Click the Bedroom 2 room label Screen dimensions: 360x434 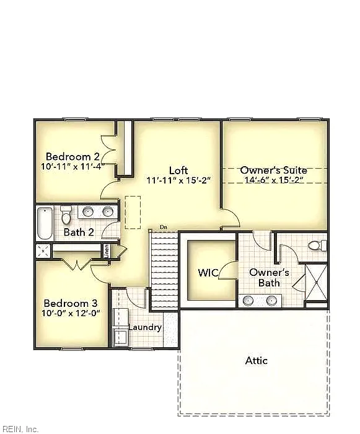click(72, 156)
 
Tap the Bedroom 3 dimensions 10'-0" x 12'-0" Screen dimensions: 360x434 click(71, 313)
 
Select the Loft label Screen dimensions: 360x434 click(178, 170)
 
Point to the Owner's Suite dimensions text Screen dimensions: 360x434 click(274, 180)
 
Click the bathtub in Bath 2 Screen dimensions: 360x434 click(45, 223)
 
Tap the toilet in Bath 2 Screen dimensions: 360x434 click(66, 215)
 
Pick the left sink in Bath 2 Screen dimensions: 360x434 click(88, 212)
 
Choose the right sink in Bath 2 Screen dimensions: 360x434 click(107, 212)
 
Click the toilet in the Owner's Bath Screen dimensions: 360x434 click(317, 246)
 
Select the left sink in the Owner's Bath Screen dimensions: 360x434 click(248, 300)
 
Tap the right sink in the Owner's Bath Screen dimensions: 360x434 click(271, 300)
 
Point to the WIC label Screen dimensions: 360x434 click(208, 273)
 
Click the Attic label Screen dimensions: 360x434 click(257, 361)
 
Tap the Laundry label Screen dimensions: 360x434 click(145, 328)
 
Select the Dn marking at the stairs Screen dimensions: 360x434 click(164, 228)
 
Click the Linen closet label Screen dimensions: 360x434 click(107, 251)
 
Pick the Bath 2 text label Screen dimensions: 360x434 click(79, 232)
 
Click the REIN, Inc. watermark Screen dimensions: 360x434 click(19, 429)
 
